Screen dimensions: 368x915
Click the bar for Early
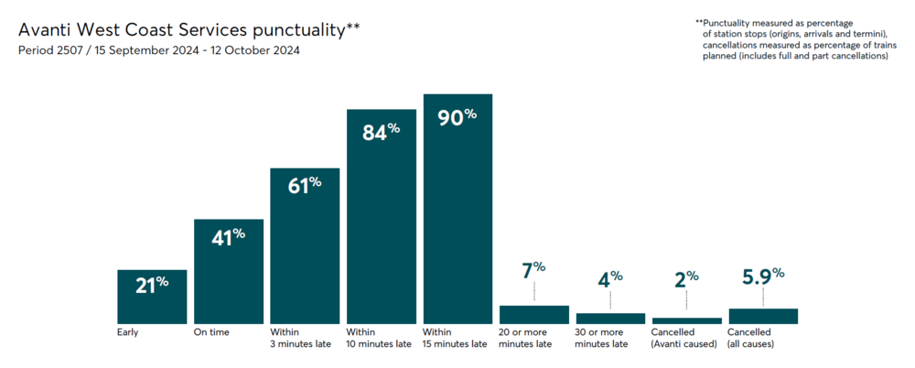point(152,297)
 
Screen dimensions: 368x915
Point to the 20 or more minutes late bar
point(534,315)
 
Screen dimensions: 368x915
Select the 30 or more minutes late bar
point(610,319)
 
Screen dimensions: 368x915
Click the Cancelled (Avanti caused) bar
point(687,320)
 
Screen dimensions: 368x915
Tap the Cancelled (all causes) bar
point(763,316)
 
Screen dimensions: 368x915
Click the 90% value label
point(457,118)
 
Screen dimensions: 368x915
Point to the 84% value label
point(382,133)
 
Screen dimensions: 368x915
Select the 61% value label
point(305,186)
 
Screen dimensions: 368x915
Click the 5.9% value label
point(764,276)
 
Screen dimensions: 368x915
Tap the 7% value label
point(533,271)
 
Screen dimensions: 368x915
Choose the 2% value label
point(686,278)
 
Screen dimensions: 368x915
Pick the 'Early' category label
point(128,331)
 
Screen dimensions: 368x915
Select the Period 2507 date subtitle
point(159,50)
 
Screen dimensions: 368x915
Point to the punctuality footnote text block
point(791,38)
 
